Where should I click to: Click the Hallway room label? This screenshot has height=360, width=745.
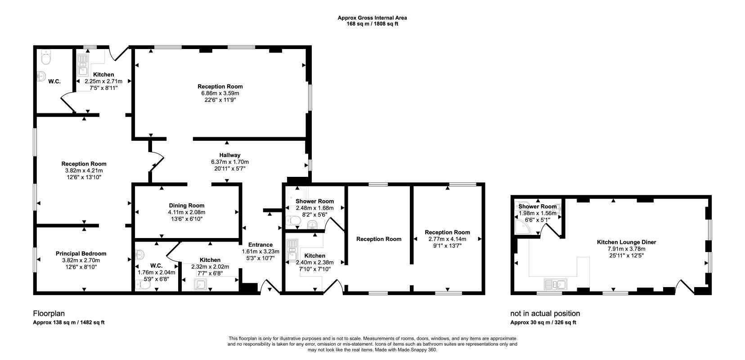[230, 155]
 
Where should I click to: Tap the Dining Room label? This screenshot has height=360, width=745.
[187, 206]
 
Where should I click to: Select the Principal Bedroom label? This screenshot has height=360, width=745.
[81, 253]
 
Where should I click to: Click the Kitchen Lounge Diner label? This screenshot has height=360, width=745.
[627, 242]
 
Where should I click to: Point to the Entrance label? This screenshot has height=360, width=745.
[260, 245]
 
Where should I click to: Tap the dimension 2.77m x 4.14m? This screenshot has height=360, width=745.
[447, 239]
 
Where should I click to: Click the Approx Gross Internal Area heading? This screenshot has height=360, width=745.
[372, 18]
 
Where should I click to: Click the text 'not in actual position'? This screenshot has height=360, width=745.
[545, 313]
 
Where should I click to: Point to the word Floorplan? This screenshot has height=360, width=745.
[49, 313]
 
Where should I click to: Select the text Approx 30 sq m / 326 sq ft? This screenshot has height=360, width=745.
[543, 322]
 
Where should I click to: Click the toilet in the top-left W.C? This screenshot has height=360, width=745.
[45, 57]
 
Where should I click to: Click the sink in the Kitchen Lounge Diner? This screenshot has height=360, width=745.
[556, 284]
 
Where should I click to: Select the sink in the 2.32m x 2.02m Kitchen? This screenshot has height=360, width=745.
[201, 284]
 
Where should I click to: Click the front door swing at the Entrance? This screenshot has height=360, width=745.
[270, 286]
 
